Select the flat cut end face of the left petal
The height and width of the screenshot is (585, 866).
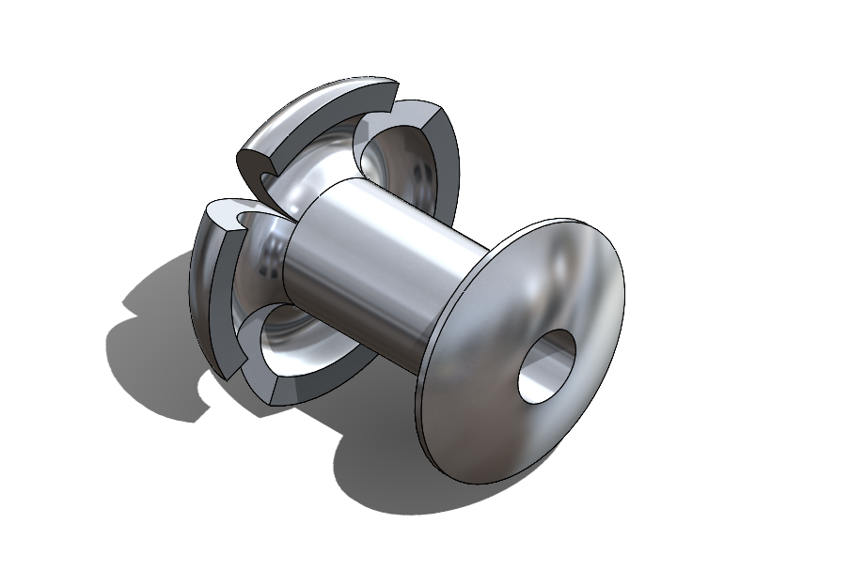(222, 214)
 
